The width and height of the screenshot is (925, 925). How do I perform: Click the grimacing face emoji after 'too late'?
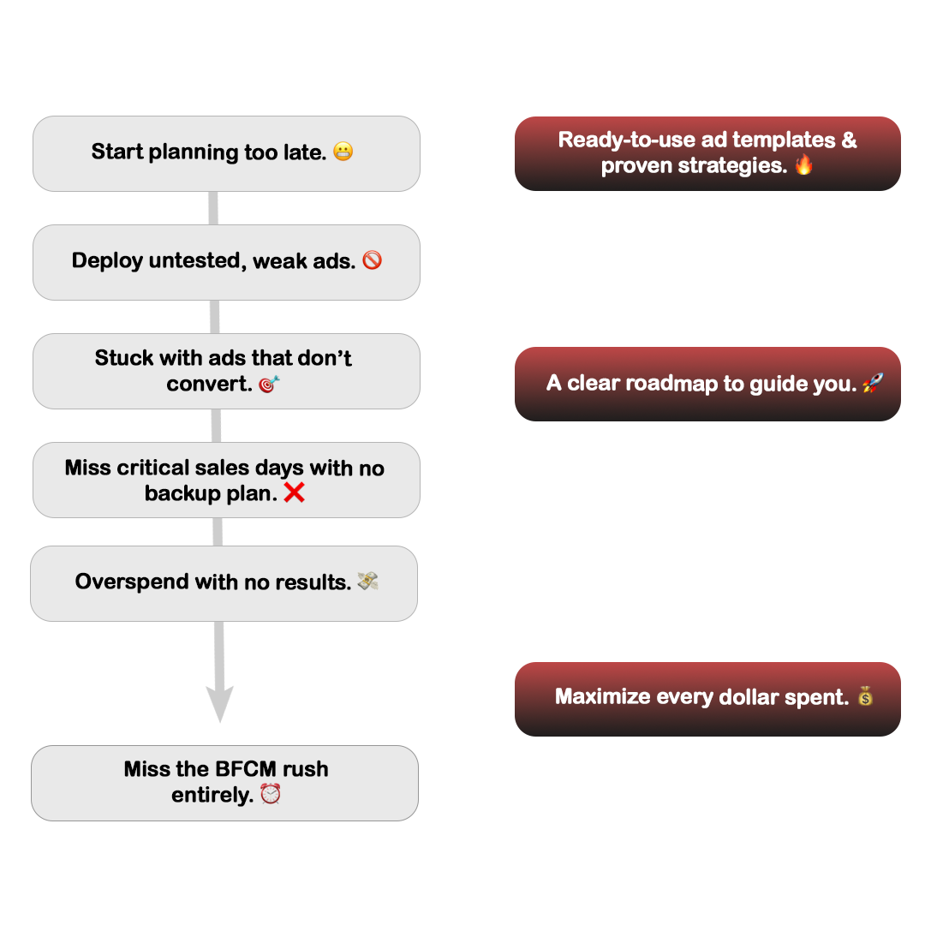point(343,152)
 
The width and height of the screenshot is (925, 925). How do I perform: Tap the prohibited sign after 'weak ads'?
point(373,260)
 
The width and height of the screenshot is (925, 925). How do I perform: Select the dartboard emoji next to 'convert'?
point(269,384)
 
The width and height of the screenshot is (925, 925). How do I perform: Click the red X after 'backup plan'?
point(295,492)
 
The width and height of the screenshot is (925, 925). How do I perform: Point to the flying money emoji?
point(367,581)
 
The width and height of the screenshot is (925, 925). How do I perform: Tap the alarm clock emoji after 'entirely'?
point(271,794)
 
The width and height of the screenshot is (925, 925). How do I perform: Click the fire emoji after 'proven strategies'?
point(803,164)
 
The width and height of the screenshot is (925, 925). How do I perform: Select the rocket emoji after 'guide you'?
point(873,383)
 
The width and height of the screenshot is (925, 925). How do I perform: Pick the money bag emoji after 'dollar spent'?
point(865,696)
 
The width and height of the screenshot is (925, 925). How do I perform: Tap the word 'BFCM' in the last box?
point(246,769)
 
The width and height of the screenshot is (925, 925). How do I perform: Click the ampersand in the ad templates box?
point(849,140)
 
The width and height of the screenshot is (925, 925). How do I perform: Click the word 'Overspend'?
point(132,582)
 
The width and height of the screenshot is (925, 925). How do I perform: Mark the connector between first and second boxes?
point(213,208)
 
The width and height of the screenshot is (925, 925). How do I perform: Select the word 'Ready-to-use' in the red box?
point(626,140)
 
